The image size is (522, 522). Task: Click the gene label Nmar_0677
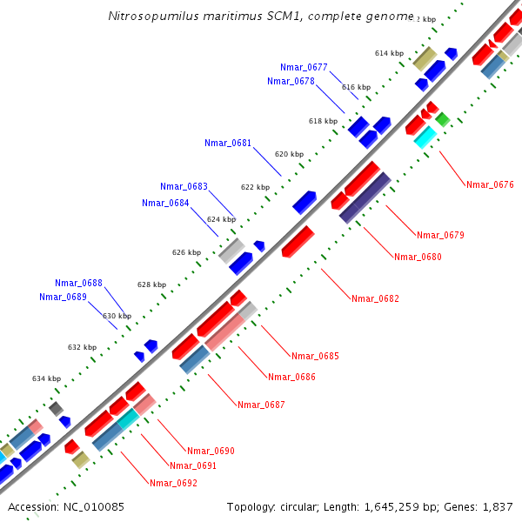click(x=304, y=67)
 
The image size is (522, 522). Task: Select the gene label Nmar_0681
click(x=228, y=143)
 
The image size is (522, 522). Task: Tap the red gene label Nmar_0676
click(x=490, y=184)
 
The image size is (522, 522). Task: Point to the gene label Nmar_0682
click(x=375, y=298)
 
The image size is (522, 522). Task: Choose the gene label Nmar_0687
click(x=261, y=405)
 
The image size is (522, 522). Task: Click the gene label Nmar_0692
click(x=172, y=483)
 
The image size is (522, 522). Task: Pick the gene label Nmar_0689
click(x=63, y=297)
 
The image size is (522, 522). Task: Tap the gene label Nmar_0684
click(x=165, y=203)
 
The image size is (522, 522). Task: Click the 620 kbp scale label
click(x=289, y=154)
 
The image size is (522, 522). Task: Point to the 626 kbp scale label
click(x=186, y=252)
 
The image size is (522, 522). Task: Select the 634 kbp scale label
click(x=47, y=378)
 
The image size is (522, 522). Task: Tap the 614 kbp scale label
click(x=389, y=53)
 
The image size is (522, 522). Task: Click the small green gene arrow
click(x=443, y=119)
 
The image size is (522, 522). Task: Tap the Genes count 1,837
click(x=498, y=506)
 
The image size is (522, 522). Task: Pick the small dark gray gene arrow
click(x=57, y=408)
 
